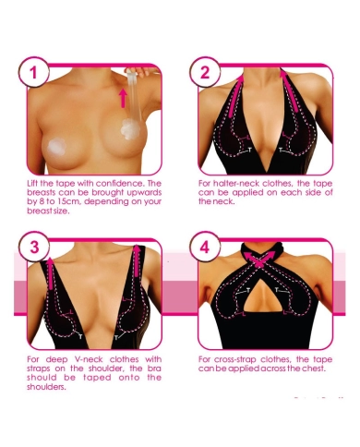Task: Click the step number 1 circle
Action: click(33, 73)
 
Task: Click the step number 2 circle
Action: click(205, 73)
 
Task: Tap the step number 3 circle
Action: click(33, 248)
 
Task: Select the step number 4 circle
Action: click(205, 248)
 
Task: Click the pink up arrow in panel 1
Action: click(123, 98)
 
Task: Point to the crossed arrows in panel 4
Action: click(259, 258)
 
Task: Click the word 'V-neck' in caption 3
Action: click(89, 359)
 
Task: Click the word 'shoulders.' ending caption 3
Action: click(46, 387)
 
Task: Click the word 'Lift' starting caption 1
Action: click(32, 184)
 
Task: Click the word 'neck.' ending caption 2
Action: click(225, 202)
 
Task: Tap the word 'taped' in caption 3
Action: click(97, 378)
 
